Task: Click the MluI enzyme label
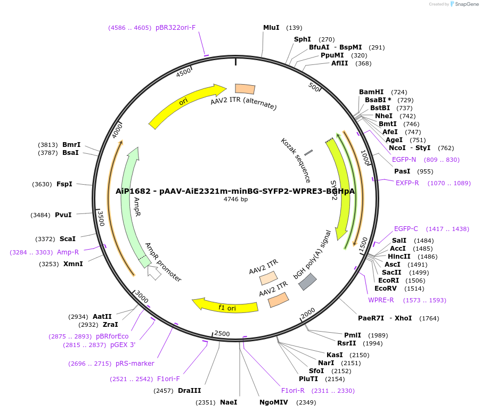(x=271, y=28)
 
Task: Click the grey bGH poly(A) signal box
(x=307, y=282)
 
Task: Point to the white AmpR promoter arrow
(x=154, y=273)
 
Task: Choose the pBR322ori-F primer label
(x=176, y=28)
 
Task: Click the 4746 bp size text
(x=235, y=200)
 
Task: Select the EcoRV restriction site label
(x=385, y=289)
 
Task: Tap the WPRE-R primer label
(x=381, y=300)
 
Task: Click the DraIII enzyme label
(x=189, y=391)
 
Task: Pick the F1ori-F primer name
(x=168, y=379)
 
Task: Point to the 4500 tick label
(x=183, y=73)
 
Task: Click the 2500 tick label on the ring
(x=222, y=334)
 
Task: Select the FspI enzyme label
(x=64, y=184)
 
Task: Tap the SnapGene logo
(x=463, y=4)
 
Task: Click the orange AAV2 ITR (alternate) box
(x=245, y=89)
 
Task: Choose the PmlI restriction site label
(x=353, y=335)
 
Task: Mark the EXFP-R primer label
(x=407, y=183)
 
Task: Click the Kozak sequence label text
(x=296, y=160)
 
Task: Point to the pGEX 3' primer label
(x=123, y=345)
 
